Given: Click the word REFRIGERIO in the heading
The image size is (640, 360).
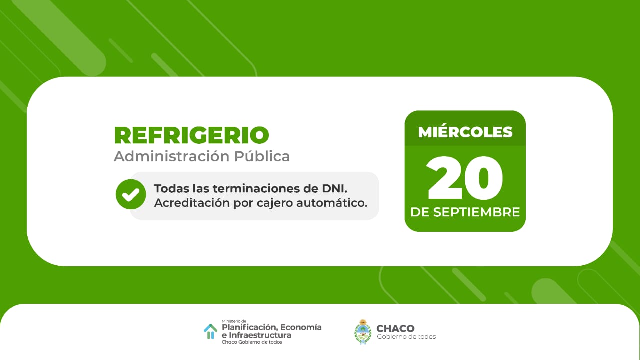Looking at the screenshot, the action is pyautogui.click(x=191, y=135).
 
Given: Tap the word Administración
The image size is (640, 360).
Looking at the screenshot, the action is pyautogui.click(x=171, y=156).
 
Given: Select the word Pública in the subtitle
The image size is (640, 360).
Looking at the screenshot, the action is pyautogui.click(x=262, y=156).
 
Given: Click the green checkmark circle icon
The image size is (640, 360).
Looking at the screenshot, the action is pyautogui.click(x=131, y=194).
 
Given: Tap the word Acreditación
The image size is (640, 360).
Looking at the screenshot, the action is pyautogui.click(x=192, y=203).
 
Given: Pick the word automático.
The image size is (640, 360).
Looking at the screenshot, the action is pyautogui.click(x=332, y=203).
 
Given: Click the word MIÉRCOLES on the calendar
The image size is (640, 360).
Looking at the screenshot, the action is pyautogui.click(x=465, y=132).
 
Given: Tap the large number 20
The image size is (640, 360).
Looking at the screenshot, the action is pyautogui.click(x=464, y=178).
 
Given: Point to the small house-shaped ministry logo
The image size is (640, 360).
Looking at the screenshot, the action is pyautogui.click(x=211, y=331).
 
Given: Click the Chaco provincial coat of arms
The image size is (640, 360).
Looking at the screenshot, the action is pyautogui.click(x=363, y=332).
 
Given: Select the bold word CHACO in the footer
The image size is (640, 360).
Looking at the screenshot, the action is pyautogui.click(x=395, y=328).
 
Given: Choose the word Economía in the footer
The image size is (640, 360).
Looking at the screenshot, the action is pyautogui.click(x=301, y=327).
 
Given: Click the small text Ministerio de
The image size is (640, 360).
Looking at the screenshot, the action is pyautogui.click(x=234, y=321).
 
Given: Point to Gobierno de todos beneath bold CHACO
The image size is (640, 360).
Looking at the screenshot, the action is pyautogui.click(x=406, y=337).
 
